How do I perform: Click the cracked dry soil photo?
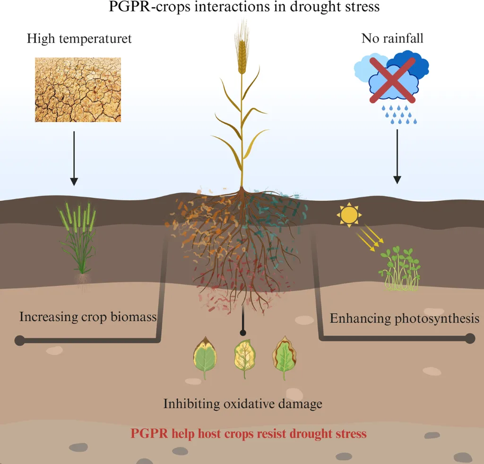coord(78,89)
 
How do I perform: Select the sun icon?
coord(349,215)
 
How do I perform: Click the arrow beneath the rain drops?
coord(397,156)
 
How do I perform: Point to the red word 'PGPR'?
coord(148,433)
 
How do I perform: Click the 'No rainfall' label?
coord(392,38)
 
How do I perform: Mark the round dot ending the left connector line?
coord(19,340)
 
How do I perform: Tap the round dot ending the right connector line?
coord(470,338)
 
